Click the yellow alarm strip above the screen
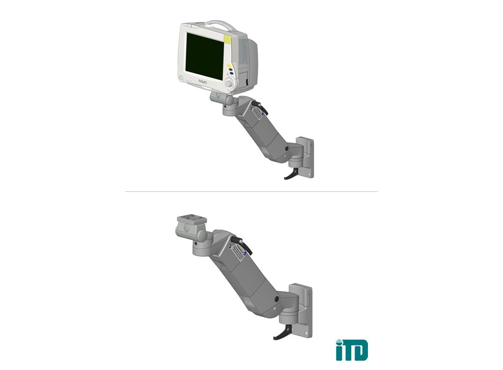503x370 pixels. click(228, 39)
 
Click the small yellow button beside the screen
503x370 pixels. click(229, 66)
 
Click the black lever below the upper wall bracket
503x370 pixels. click(290, 174)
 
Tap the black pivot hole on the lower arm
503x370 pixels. click(278, 298)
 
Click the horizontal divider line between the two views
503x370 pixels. click(251, 191)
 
